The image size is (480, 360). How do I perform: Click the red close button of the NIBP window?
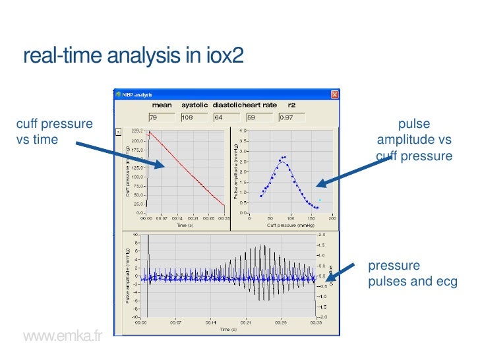point(334,94)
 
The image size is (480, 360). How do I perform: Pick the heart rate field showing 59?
point(258,117)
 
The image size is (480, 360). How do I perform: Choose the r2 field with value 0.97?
point(292,117)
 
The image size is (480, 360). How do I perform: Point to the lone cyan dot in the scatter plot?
point(320,200)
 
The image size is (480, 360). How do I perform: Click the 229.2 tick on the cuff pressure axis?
point(138,130)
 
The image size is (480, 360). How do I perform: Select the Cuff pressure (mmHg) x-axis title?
point(290,225)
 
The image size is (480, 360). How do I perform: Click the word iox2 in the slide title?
point(223,57)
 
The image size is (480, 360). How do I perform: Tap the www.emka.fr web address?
point(63,337)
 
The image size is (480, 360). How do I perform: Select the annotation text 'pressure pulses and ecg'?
point(412,274)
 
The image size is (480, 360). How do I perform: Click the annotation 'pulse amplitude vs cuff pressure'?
point(414,140)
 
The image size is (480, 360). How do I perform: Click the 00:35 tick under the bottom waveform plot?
point(316,323)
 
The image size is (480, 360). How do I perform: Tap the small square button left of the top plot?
point(118,131)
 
